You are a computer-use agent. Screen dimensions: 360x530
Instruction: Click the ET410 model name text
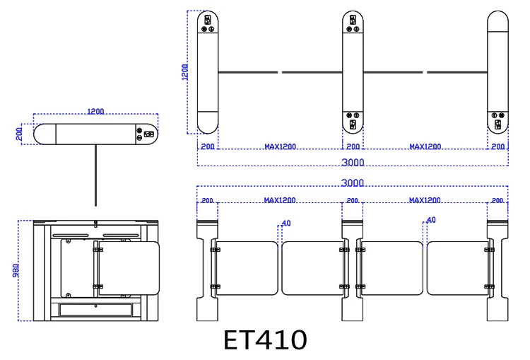click(x=266, y=340)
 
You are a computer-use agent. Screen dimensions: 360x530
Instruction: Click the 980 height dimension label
click(x=16, y=270)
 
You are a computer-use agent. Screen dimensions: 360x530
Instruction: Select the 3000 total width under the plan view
click(x=352, y=162)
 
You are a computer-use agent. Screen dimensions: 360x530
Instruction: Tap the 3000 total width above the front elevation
click(x=352, y=182)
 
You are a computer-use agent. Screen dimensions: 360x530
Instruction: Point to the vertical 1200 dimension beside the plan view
click(x=185, y=72)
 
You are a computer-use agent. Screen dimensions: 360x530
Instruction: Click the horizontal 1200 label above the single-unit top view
click(x=96, y=112)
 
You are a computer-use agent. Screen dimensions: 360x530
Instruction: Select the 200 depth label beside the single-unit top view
click(x=20, y=133)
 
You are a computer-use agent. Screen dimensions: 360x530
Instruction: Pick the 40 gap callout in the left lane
click(x=286, y=223)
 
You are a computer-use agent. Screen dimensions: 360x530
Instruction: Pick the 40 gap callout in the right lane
click(x=431, y=220)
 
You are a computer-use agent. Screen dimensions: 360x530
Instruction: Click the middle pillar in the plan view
click(x=353, y=72)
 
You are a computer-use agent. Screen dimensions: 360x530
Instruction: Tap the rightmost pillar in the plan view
click(x=497, y=72)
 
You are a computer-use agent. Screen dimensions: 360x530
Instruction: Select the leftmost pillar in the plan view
click(x=208, y=72)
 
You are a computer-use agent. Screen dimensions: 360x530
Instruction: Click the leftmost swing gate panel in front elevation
click(x=246, y=268)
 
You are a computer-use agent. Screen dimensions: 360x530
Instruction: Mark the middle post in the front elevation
click(x=353, y=269)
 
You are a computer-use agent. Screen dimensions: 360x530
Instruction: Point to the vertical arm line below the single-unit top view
click(x=95, y=174)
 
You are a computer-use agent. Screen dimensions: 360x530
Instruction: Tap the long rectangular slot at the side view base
click(x=95, y=308)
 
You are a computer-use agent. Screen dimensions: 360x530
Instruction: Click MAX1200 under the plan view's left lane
click(x=280, y=147)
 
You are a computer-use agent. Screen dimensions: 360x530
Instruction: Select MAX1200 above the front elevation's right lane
click(x=425, y=200)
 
